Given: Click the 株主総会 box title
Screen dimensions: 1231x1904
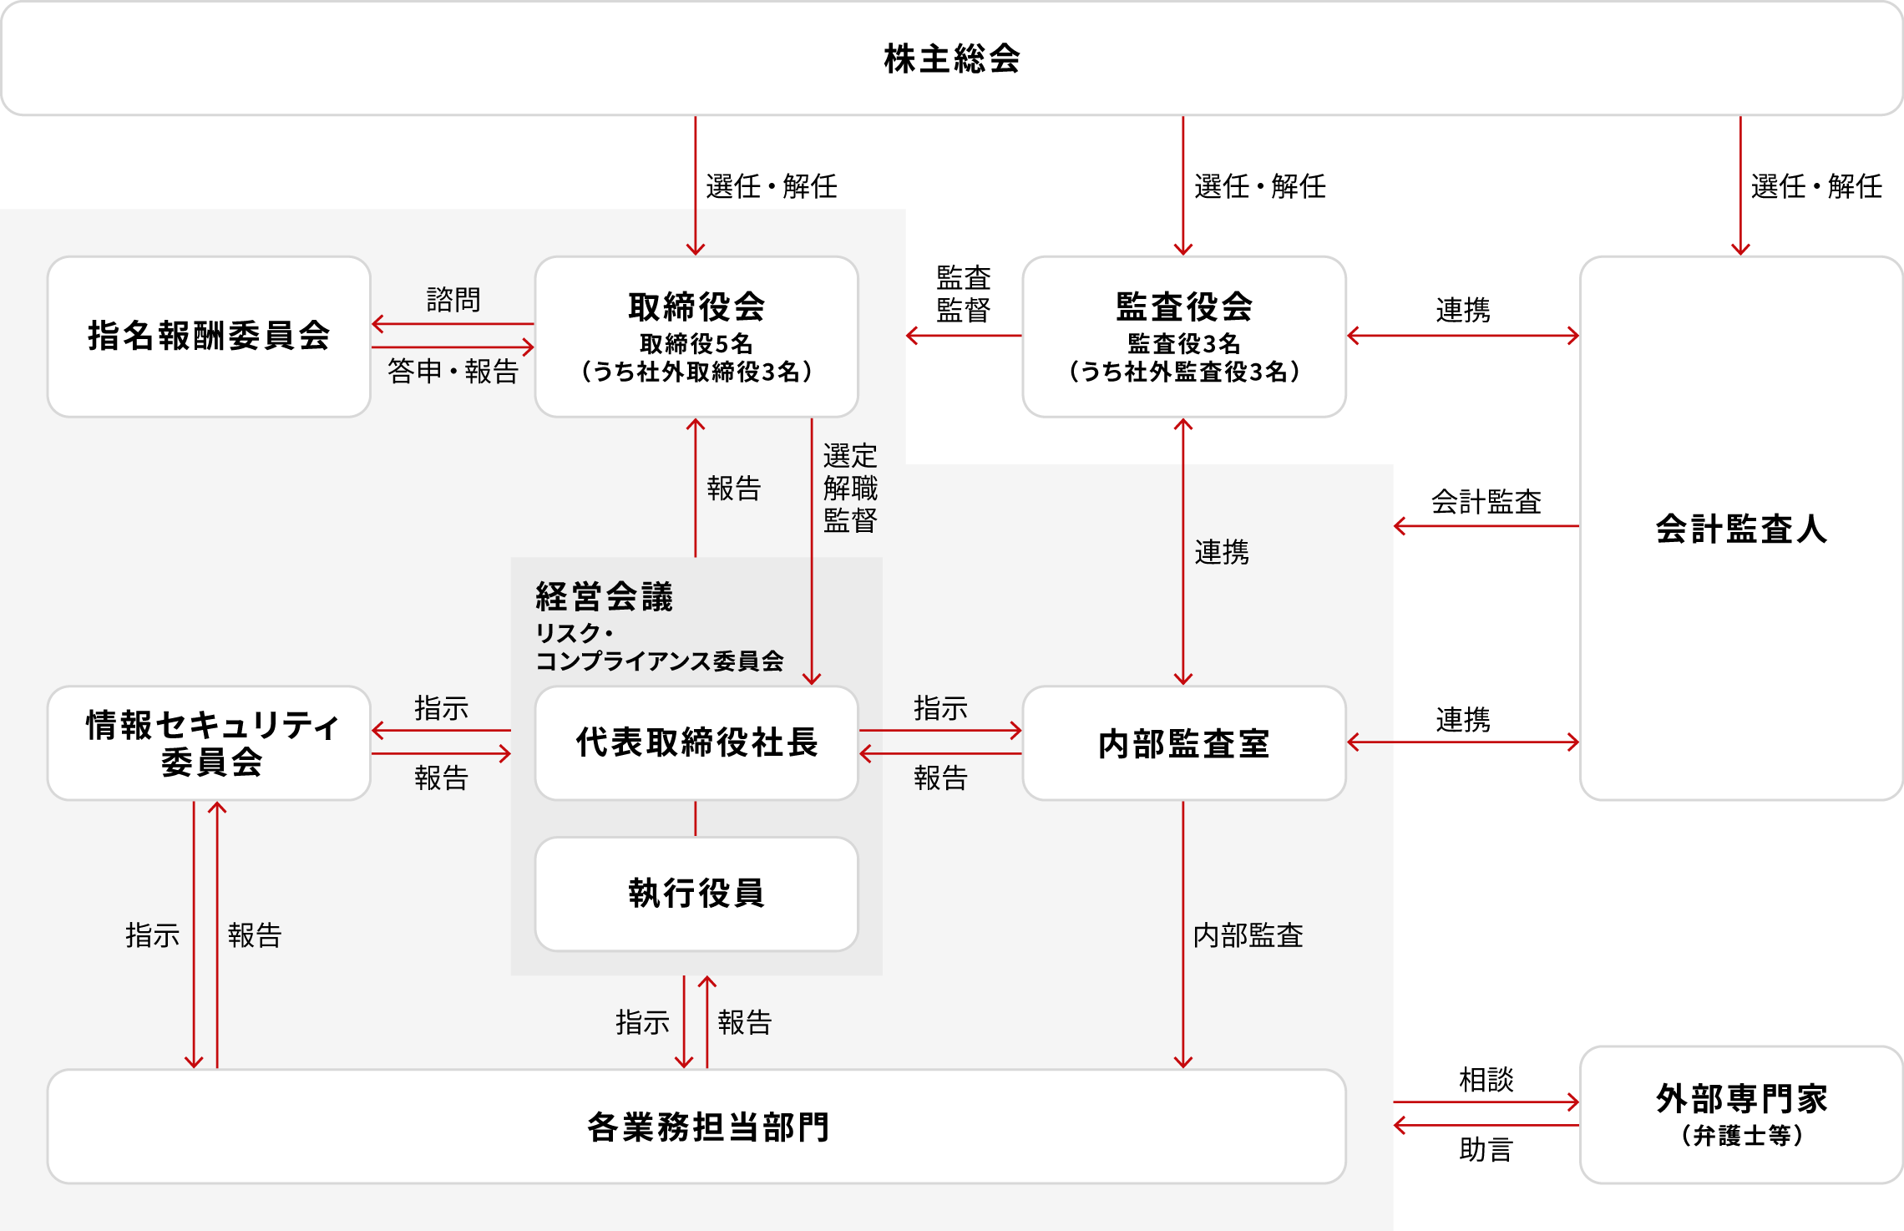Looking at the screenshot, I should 952,58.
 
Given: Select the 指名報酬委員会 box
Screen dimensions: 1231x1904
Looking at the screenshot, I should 209,336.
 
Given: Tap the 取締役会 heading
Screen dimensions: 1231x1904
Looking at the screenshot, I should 696,306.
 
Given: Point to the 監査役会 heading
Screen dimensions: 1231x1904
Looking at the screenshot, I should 1184,306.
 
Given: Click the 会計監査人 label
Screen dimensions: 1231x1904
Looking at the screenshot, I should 1741,529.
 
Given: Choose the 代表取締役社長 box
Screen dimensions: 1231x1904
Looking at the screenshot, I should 696,742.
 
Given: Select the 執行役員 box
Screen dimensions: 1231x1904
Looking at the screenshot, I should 696,893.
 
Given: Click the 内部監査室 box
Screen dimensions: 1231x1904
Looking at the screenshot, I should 1184,743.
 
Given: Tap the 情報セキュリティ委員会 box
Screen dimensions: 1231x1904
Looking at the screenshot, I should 209,743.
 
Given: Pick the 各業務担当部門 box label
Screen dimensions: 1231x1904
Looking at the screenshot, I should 708,1127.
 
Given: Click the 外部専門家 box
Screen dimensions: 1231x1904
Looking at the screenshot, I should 1741,1114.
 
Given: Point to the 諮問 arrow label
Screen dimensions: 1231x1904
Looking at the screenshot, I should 453,300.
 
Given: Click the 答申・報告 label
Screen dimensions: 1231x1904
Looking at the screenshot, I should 453,371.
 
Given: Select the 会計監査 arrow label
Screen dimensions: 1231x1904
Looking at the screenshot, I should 1486,502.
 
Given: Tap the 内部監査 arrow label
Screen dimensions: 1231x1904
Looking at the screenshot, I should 1248,935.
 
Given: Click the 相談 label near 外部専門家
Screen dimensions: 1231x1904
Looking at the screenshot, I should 1486,1080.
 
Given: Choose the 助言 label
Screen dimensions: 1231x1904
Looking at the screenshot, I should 1486,1150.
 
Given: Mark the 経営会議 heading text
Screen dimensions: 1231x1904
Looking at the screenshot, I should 604,596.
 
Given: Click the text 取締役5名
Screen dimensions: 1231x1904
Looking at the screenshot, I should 696,343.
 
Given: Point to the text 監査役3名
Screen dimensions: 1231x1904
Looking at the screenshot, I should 1184,343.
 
